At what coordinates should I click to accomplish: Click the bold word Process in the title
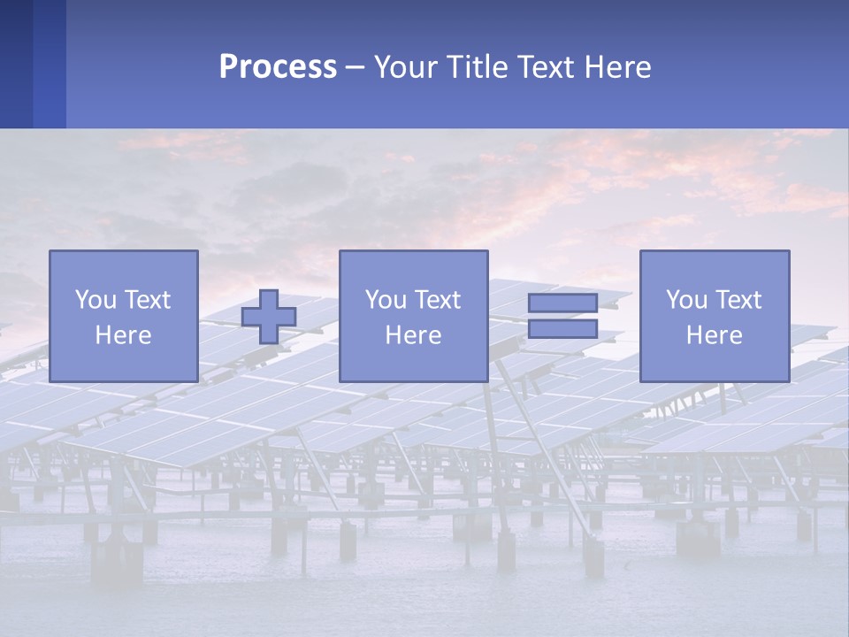[278, 67]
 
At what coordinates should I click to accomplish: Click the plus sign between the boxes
[269, 316]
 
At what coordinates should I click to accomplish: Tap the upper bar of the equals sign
[562, 303]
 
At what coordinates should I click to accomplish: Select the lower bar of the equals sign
[562, 329]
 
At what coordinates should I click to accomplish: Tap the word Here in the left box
[123, 335]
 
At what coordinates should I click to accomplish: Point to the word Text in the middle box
[438, 300]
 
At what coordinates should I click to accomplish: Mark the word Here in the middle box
[413, 335]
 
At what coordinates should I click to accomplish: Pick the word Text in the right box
[738, 300]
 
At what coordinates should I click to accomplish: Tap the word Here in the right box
[714, 335]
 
